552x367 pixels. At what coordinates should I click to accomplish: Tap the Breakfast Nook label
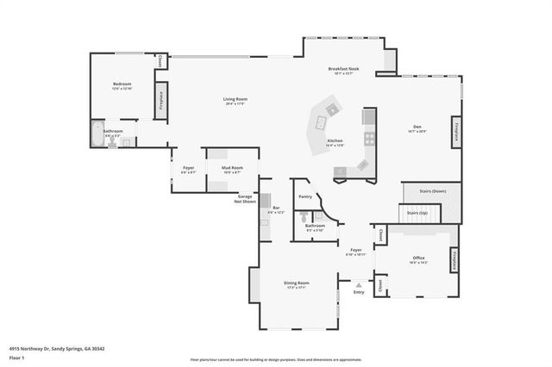click(343, 69)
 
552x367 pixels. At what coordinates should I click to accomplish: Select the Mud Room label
click(231, 167)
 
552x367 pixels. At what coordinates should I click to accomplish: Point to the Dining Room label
click(297, 283)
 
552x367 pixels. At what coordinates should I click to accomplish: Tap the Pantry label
click(305, 196)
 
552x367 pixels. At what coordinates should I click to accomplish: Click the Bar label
click(276, 208)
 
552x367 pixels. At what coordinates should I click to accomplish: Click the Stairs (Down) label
click(431, 190)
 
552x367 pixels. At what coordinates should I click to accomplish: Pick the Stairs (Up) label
click(417, 211)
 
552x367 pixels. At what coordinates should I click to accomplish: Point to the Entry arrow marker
click(359, 284)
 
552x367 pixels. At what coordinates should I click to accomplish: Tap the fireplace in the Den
click(455, 133)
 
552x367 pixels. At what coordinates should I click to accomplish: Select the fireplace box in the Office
click(454, 260)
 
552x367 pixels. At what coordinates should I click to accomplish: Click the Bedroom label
click(122, 84)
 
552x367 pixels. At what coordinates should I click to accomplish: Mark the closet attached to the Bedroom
click(161, 61)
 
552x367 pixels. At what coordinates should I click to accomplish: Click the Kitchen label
click(335, 141)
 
